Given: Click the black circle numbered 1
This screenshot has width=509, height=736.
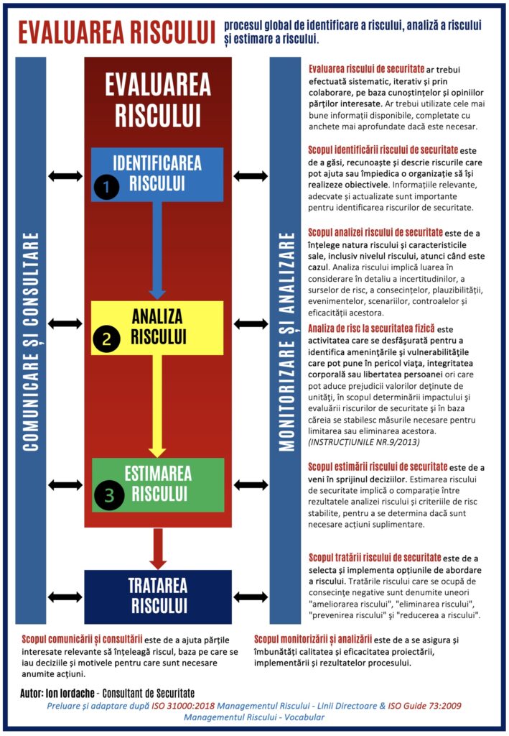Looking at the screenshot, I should (x=106, y=188).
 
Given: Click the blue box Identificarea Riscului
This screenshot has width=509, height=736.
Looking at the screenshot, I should (x=158, y=172).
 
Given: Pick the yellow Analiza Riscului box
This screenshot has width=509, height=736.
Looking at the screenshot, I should (x=157, y=326).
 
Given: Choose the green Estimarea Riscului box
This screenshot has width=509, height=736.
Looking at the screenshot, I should (x=158, y=483).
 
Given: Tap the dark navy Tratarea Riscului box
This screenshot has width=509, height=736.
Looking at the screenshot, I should (x=158, y=596).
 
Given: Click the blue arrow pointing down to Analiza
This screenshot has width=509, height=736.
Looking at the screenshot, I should (x=157, y=252).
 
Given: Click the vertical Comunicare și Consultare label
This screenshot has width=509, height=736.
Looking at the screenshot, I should (x=30, y=341).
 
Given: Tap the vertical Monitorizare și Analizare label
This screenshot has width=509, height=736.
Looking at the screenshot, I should (x=286, y=341).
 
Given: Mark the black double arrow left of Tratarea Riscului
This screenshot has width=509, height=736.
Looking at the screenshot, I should (x=65, y=597).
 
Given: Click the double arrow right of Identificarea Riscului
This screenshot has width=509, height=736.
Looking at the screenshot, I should (x=251, y=176).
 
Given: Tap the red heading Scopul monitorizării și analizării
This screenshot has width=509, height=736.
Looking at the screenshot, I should (x=313, y=638).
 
